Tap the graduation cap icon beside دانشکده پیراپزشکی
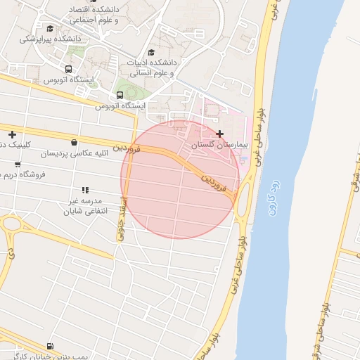(x=50, y=28)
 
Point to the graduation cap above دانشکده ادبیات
(x=150, y=52)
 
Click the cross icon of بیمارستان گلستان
(x=220, y=134)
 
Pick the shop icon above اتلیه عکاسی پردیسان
(x=75, y=142)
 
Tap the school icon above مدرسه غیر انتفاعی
(x=85, y=190)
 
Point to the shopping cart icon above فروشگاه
(x=18, y=164)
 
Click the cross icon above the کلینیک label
(x=11, y=134)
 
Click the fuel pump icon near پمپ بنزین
(x=49, y=346)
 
